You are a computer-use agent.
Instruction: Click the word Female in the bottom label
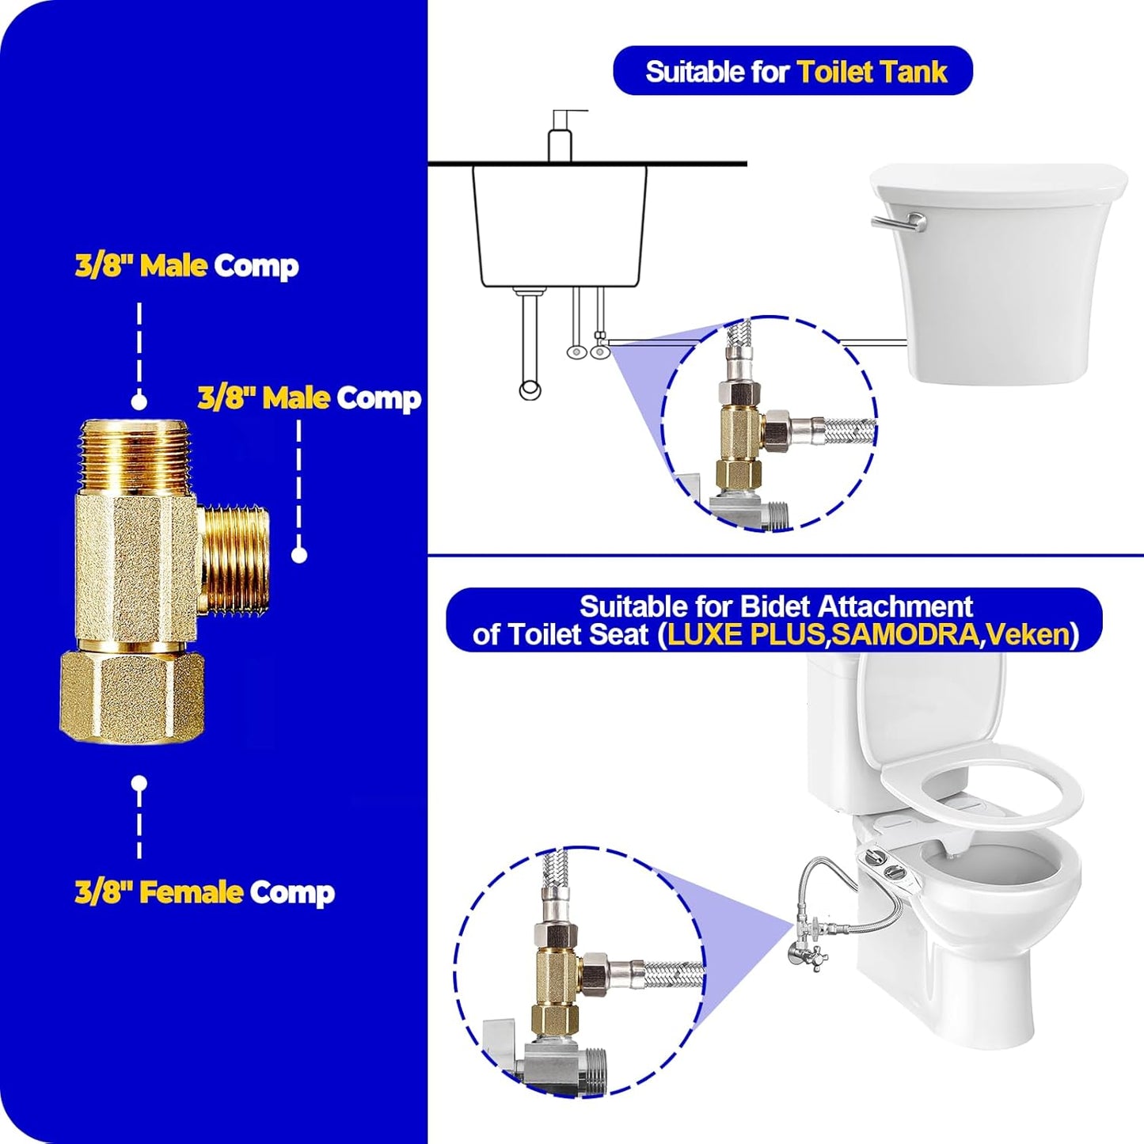191,892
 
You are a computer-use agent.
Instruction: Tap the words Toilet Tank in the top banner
872,72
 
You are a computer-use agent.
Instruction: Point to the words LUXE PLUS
745,635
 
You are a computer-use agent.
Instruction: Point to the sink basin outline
559,226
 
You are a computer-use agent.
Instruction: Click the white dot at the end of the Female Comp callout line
139,784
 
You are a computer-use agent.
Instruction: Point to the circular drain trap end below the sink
530,390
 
